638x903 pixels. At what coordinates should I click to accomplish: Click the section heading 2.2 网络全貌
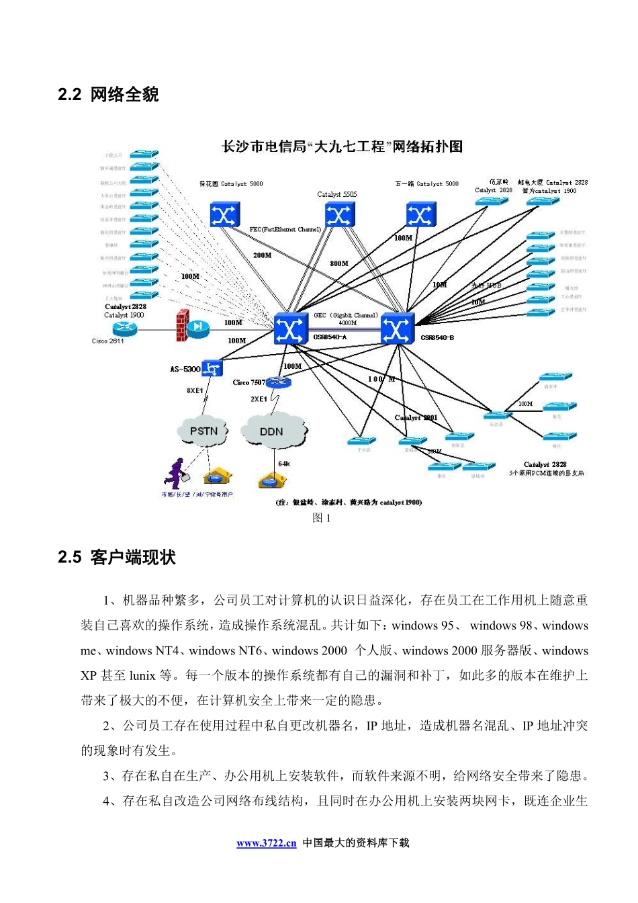tap(108, 95)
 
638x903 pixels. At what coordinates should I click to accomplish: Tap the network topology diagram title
tap(342, 146)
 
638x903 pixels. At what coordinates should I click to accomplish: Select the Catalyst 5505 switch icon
tap(339, 216)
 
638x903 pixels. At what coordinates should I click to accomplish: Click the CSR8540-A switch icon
tap(290, 329)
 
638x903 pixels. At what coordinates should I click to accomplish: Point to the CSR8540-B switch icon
tap(397, 329)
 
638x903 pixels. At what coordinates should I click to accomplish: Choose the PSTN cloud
tap(203, 431)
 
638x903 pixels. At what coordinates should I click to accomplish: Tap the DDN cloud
tap(272, 431)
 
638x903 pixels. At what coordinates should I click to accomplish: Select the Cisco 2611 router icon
tap(125, 328)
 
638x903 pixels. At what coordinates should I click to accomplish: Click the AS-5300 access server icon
tap(212, 368)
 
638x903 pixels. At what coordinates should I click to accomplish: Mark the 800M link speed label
tap(339, 263)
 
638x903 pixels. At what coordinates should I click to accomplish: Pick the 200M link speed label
tap(262, 255)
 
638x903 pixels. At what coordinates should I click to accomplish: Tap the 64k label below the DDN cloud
tap(284, 464)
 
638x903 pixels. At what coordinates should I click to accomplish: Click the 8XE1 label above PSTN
tap(195, 390)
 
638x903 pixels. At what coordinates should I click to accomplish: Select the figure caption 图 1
tap(322, 517)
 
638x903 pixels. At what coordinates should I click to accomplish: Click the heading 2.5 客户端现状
tap(117, 557)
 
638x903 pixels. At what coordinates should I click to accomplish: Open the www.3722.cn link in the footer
tap(266, 843)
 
